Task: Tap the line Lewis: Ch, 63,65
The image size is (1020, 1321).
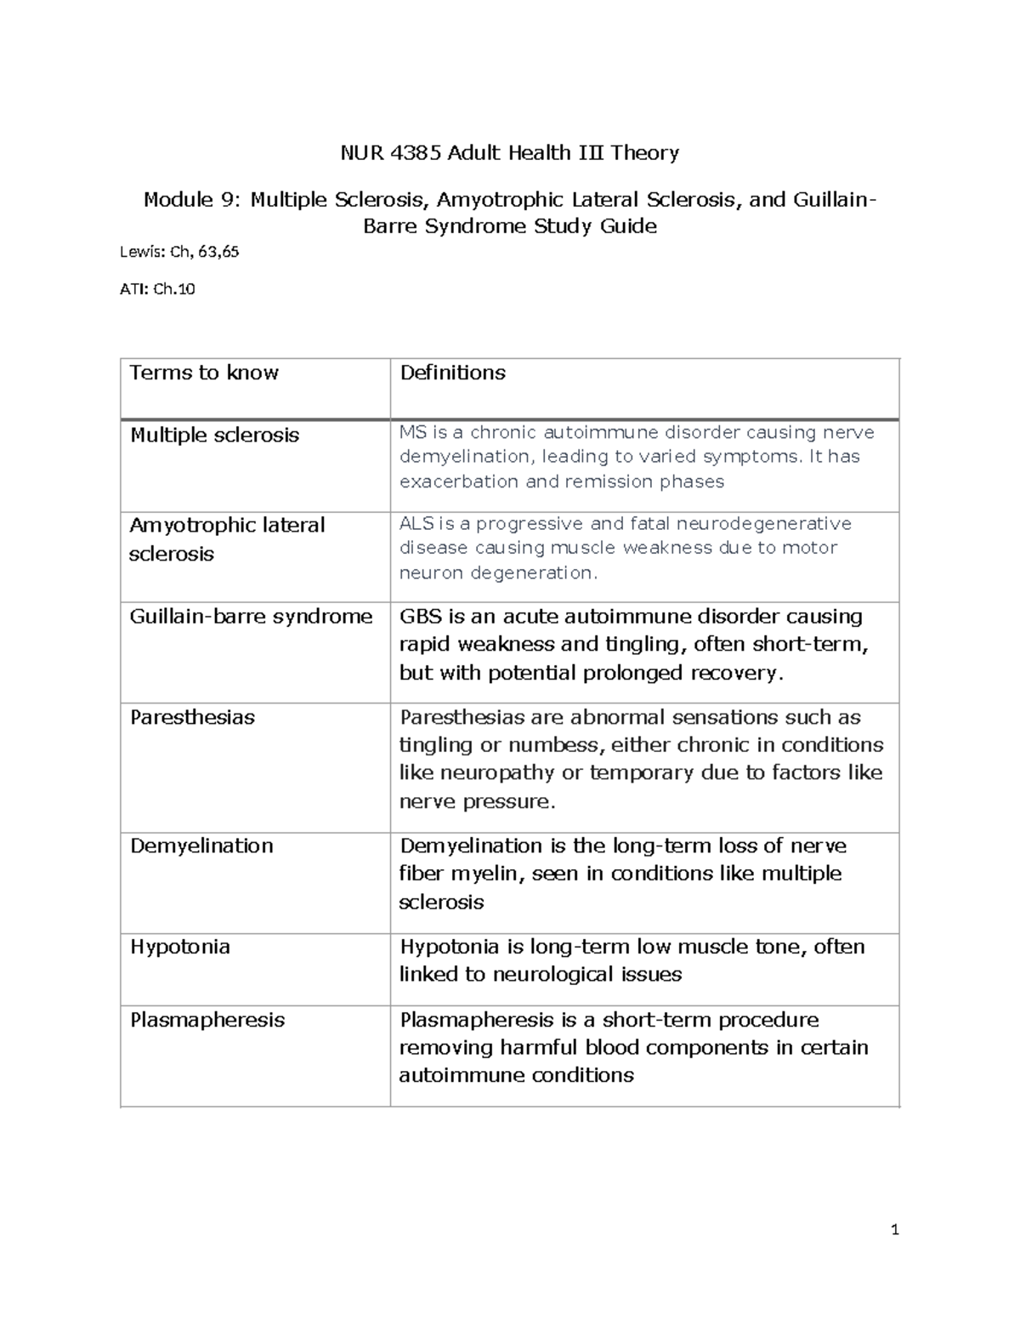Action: [184, 251]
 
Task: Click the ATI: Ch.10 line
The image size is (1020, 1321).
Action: [161, 289]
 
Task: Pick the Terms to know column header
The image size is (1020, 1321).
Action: [204, 373]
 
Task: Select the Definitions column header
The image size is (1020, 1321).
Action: [452, 373]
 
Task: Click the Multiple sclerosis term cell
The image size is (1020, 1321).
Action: [214, 436]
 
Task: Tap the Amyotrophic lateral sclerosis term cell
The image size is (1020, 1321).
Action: [226, 539]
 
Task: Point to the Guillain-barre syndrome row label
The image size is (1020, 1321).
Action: [251, 617]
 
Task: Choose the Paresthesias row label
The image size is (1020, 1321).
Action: [192, 717]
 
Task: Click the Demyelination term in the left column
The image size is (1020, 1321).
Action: [201, 846]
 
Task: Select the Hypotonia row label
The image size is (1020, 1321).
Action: [179, 947]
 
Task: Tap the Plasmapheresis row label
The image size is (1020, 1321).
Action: [207, 1020]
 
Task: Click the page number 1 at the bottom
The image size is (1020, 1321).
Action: [894, 1229]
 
